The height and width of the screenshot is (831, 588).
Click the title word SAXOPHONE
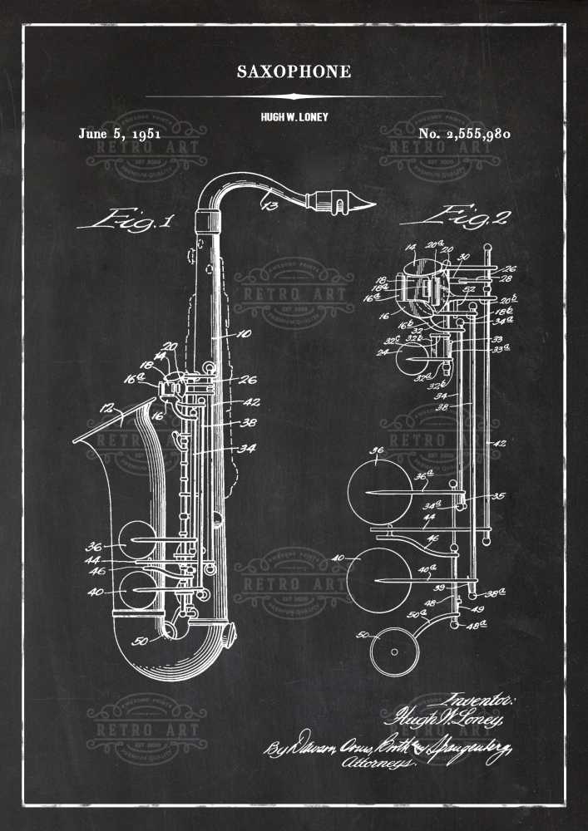[294, 72]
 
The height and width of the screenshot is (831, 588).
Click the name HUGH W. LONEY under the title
[294, 117]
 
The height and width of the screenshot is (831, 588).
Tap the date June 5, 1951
[120, 133]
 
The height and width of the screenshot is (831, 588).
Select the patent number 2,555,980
[464, 133]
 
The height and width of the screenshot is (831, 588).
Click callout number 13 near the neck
[269, 205]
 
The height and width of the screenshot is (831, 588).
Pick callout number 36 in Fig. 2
[378, 451]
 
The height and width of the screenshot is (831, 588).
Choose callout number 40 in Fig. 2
[360, 558]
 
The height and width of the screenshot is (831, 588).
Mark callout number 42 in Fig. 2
[499, 444]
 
